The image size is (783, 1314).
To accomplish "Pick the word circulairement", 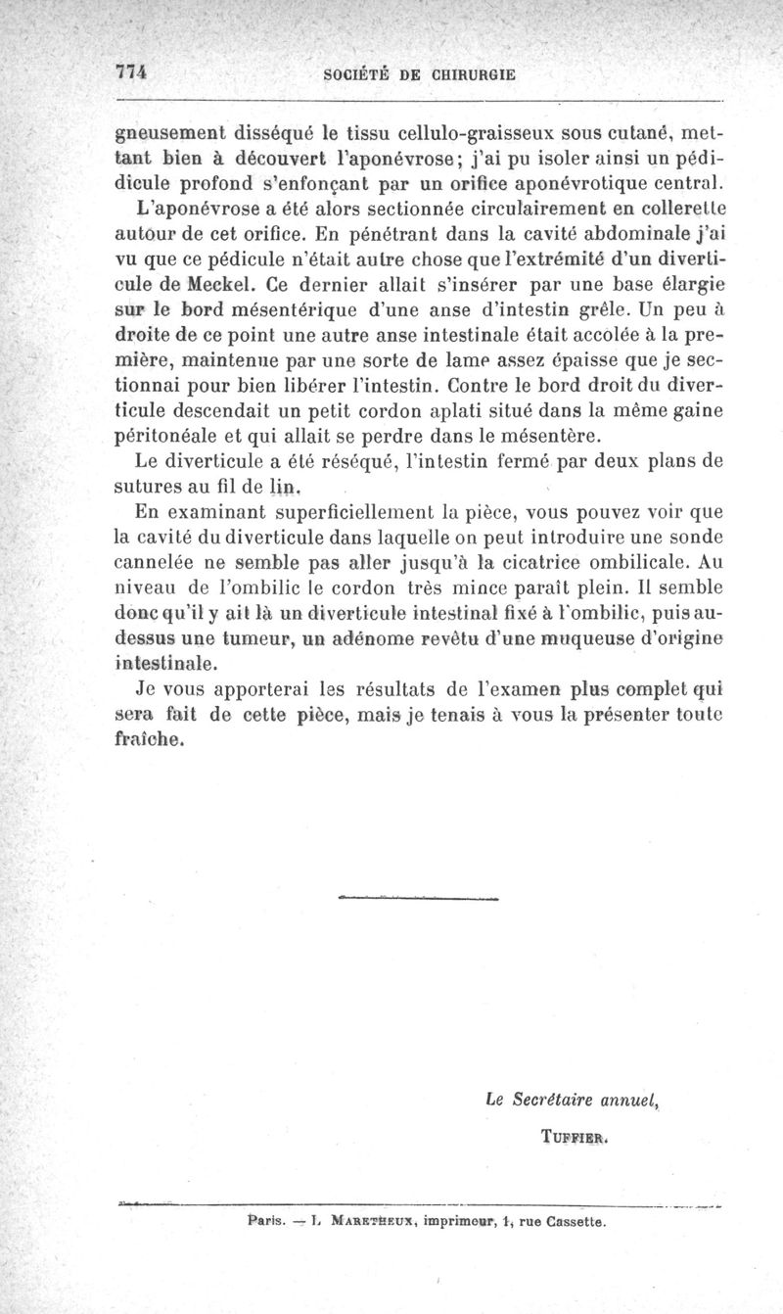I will (514, 211).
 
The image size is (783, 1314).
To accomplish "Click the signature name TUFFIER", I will (575, 1138).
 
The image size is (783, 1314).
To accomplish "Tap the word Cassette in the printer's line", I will (566, 1221).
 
